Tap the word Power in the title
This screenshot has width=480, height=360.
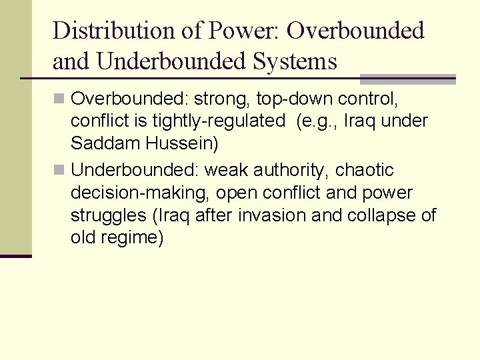tap(235, 31)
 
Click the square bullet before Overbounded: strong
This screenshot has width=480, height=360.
tap(59, 99)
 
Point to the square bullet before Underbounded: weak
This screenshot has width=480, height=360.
tap(59, 171)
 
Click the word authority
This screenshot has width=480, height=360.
tap(290, 171)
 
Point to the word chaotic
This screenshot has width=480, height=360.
tap(365, 171)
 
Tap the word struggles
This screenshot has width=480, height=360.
tap(102, 215)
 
